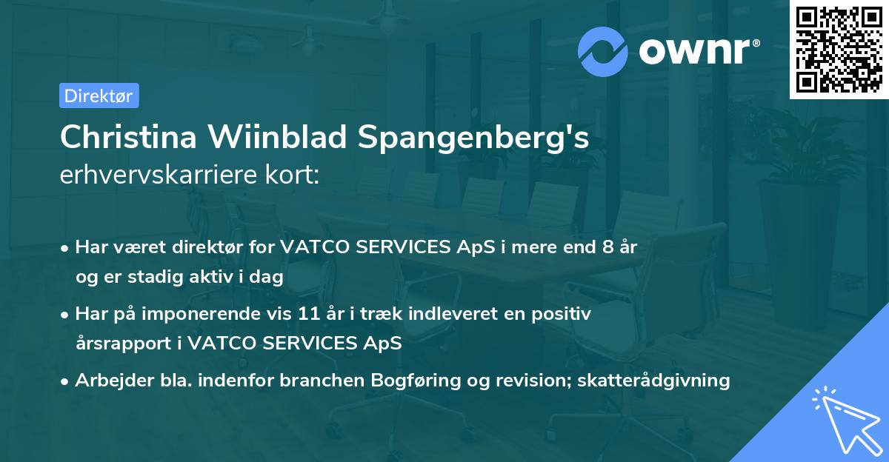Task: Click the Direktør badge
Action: point(99,96)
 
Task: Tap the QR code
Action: point(839,50)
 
